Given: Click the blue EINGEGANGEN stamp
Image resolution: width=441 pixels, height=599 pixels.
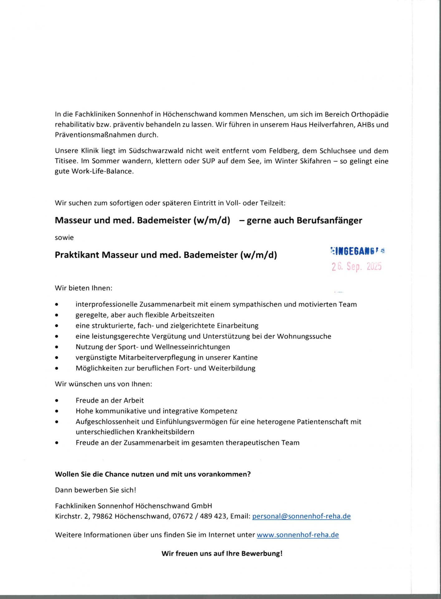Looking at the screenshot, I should (x=357, y=251).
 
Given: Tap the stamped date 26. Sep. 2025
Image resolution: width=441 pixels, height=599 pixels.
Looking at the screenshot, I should (x=356, y=266).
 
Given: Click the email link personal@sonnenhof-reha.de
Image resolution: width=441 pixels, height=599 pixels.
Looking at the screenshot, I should (x=301, y=516).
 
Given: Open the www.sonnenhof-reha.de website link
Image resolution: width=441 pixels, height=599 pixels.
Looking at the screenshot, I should (x=298, y=535).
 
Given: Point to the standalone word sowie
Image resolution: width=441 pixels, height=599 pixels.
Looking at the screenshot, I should (x=64, y=238).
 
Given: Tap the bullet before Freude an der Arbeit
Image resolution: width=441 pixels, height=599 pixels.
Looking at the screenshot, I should (x=56, y=401).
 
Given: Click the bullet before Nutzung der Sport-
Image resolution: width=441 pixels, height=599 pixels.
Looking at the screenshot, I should (x=56, y=347).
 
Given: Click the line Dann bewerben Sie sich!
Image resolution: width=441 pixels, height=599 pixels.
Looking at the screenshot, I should (x=95, y=490).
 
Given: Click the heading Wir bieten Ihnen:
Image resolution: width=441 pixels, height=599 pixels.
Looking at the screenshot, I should (x=84, y=288).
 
